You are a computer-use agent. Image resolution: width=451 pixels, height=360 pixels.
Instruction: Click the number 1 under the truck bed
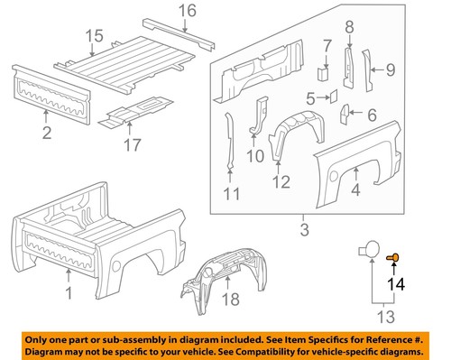pyautogui.click(x=69, y=293)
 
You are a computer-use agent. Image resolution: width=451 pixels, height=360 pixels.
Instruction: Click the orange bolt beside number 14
pyautogui.click(x=393, y=257)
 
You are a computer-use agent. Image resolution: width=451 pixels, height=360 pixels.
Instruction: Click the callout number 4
pyautogui.click(x=356, y=189)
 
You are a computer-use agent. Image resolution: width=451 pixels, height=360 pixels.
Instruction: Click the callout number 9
pyautogui.click(x=391, y=69)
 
